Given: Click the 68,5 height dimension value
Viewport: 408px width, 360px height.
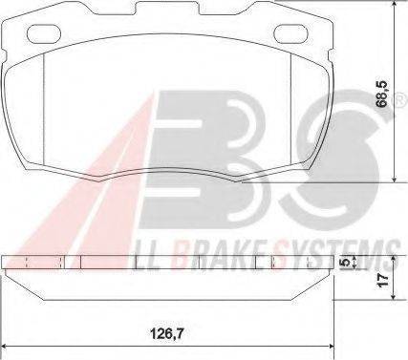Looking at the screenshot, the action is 382,94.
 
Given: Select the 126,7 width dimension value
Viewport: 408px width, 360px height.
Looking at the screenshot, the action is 167,333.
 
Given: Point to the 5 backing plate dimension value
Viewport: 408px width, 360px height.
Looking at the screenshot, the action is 344,262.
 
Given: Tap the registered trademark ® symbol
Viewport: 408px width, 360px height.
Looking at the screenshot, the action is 402,101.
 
